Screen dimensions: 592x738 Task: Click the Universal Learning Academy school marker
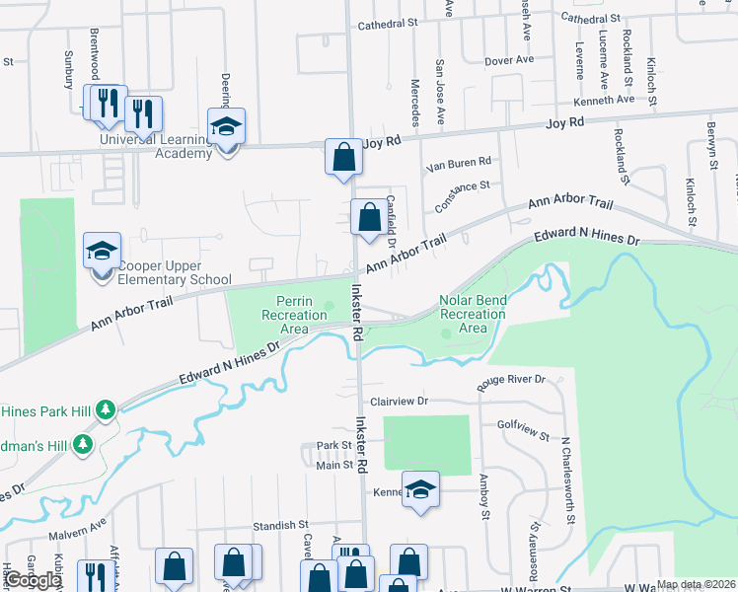226,127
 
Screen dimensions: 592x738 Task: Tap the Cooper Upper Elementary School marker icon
102,252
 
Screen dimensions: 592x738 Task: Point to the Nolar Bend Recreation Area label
473,315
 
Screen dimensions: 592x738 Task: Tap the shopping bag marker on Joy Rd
342,157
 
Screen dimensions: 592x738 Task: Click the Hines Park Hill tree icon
111,408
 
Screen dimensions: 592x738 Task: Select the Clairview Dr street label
399,402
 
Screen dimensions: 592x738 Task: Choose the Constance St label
463,185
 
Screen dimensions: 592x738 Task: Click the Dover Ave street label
509,60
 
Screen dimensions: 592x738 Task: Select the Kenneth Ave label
606,100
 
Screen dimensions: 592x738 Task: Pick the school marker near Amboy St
420,490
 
